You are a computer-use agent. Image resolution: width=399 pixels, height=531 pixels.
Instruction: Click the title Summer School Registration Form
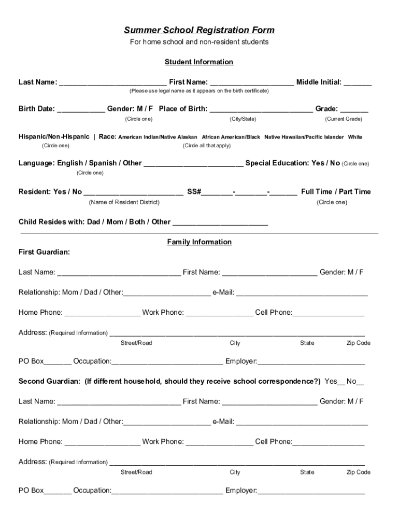[x=199, y=31]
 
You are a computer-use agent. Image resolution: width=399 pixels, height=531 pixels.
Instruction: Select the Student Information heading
[x=199, y=62]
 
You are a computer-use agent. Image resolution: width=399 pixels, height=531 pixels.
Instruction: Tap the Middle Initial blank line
[x=358, y=83]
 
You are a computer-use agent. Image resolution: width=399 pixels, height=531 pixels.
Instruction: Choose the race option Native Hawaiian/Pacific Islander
[x=304, y=137]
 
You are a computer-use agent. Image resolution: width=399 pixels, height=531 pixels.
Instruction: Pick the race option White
[x=355, y=137]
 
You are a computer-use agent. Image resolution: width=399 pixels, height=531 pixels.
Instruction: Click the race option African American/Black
[x=231, y=137]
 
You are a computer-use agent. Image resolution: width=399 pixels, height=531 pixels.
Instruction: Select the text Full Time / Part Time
[x=336, y=192]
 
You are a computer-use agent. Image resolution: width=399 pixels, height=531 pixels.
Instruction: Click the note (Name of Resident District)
[x=124, y=202]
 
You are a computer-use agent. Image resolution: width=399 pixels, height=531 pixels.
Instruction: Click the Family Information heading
[x=199, y=242]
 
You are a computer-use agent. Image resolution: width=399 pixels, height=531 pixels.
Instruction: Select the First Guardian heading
[x=44, y=252]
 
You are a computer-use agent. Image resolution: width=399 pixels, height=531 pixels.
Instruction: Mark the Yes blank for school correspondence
[x=341, y=383]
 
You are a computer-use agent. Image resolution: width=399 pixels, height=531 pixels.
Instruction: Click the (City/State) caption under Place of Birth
[x=243, y=119]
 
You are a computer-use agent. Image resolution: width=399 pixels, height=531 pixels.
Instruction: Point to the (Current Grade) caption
[x=344, y=119]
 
